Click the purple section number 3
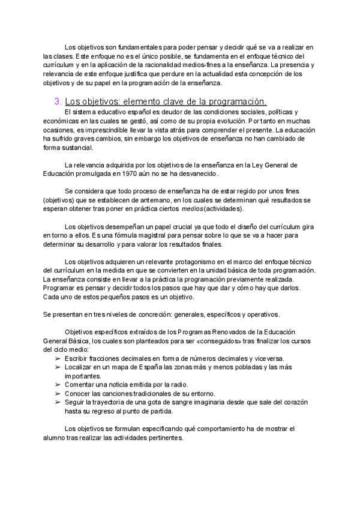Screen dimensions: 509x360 click(57, 101)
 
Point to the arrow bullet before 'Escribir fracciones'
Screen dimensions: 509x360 click(58, 358)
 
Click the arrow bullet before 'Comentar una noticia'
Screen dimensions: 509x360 click(58, 385)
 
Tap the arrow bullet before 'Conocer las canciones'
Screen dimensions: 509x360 click(58, 394)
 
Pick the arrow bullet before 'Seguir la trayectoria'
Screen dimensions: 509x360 click(58, 403)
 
